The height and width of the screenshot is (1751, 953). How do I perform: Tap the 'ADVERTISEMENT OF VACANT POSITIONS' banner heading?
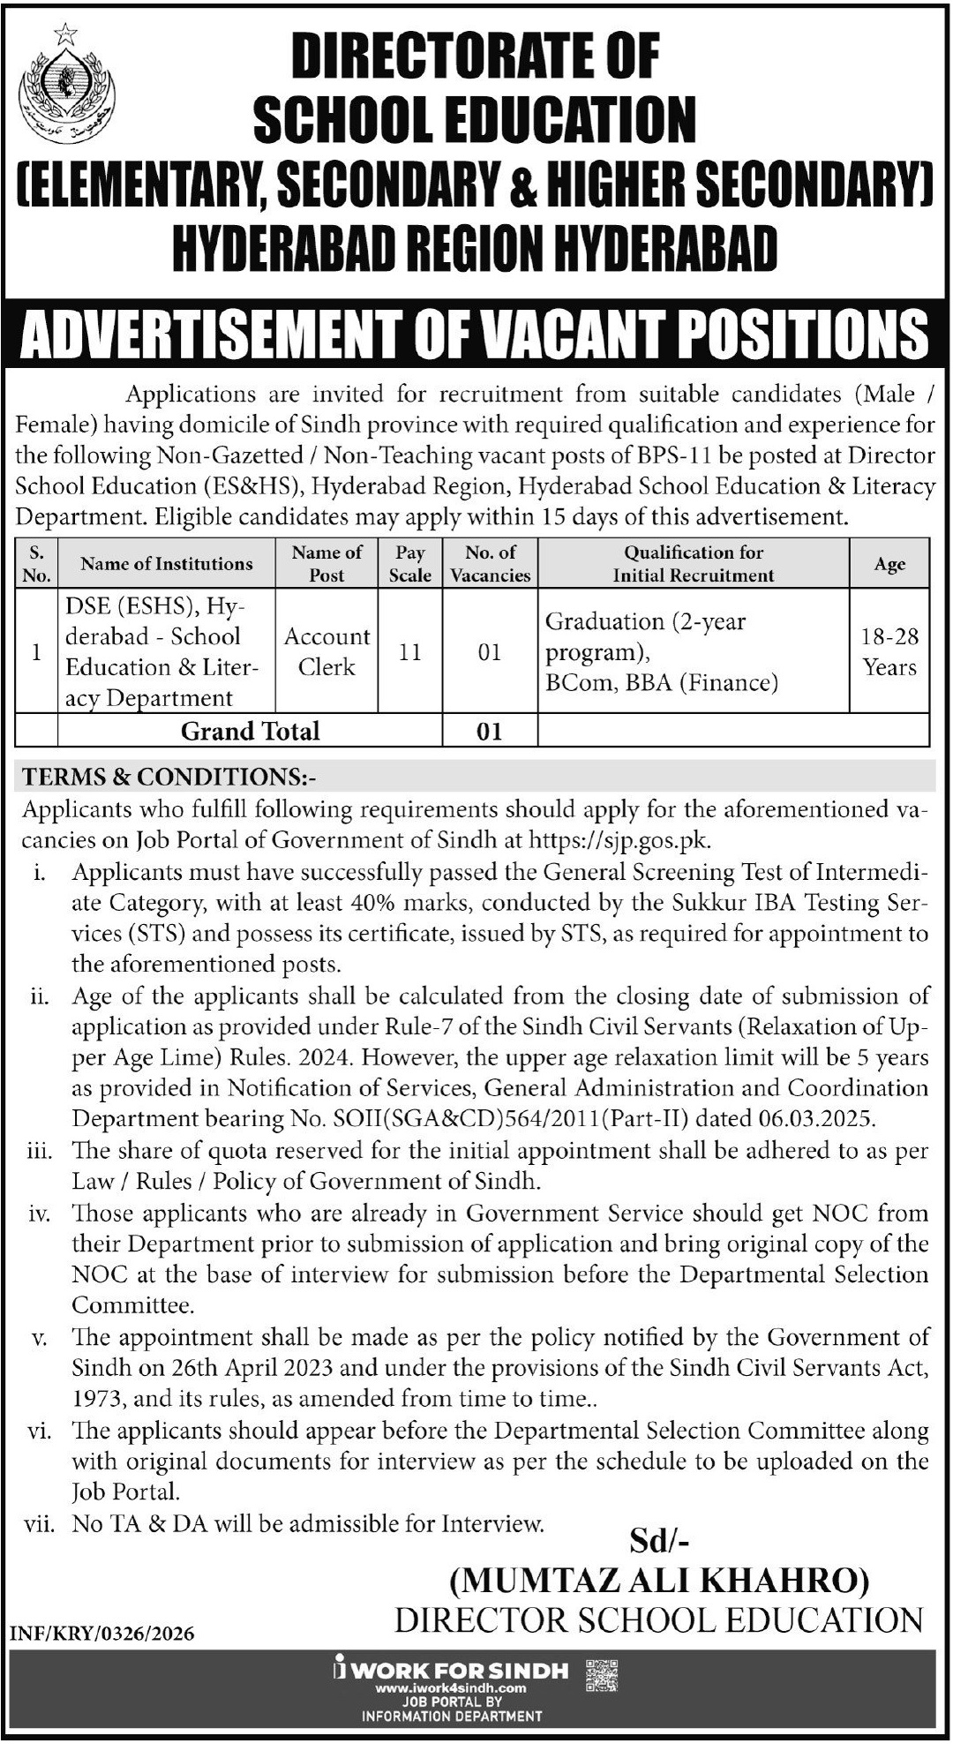[x=475, y=334]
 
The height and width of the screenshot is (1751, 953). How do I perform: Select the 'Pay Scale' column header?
[x=410, y=564]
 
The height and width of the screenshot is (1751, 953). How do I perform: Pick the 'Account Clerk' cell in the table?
[x=326, y=651]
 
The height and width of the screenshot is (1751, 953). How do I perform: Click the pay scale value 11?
[x=410, y=652]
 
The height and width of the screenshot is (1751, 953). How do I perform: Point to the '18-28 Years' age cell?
[x=889, y=652]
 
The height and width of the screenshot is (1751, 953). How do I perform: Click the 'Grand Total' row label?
[x=251, y=731]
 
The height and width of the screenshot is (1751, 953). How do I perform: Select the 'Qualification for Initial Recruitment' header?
[x=694, y=564]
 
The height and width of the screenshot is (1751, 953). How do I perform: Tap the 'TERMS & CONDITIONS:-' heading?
[x=169, y=777]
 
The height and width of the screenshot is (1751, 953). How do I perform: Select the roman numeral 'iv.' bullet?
[x=40, y=1214]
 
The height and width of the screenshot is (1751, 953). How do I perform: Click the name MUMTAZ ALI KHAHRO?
[x=659, y=1580]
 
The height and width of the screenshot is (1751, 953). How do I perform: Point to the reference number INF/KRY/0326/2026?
[x=101, y=1634]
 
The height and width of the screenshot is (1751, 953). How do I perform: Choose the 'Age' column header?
[x=889, y=564]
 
